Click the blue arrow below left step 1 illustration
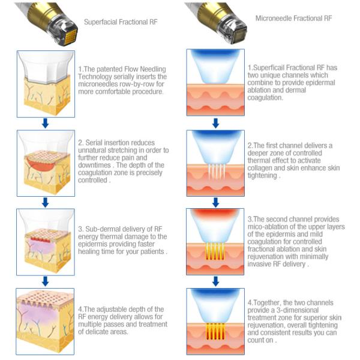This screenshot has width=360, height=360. tap(45, 124)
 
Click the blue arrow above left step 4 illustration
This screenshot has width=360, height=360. tap(45, 281)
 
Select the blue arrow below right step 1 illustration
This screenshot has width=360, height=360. tap(215, 124)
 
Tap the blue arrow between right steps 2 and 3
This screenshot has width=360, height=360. tap(215, 202)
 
